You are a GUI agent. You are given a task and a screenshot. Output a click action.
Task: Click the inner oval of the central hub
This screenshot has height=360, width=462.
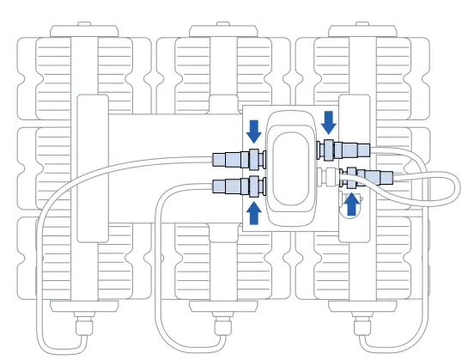(x=292, y=165)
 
